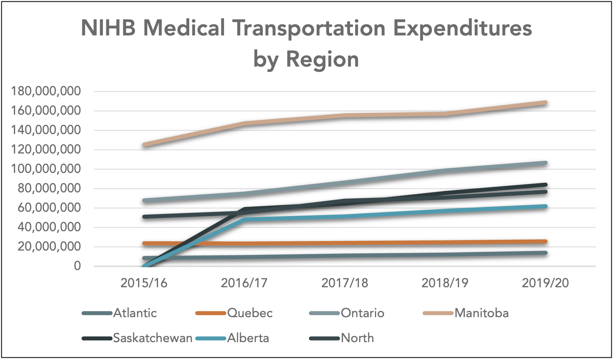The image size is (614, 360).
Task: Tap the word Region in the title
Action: (322, 59)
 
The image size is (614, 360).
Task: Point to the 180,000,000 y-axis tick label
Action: (46, 91)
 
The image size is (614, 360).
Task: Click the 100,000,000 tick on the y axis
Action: (46, 169)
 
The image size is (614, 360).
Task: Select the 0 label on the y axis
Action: (77, 266)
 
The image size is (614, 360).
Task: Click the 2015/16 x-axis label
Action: (144, 283)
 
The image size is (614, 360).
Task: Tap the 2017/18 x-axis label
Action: (344, 283)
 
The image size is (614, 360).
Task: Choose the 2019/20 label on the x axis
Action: (545, 283)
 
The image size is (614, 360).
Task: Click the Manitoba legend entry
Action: (481, 313)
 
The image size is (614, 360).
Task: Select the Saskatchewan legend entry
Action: (152, 338)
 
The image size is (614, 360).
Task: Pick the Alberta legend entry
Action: (248, 338)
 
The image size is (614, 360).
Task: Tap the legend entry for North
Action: (357, 338)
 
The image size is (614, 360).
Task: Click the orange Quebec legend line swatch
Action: (211, 313)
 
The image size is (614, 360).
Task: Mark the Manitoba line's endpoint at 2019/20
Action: (545, 103)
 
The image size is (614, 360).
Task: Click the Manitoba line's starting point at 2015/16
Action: (144, 145)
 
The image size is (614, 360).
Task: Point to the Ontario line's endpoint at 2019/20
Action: (545, 163)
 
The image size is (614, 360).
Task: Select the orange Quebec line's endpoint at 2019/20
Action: (545, 241)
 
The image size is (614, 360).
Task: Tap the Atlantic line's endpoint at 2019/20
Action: (545, 253)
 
